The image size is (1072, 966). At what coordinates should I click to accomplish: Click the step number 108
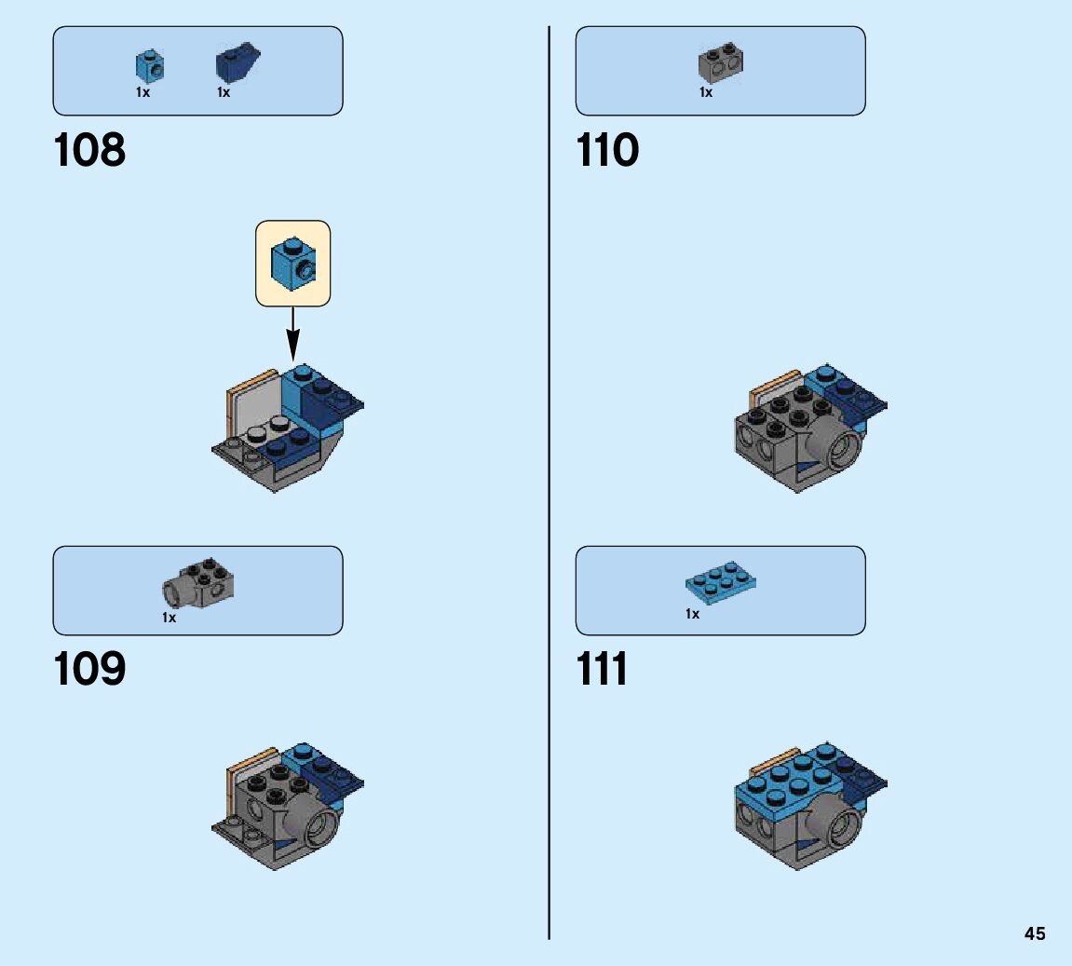click(x=89, y=151)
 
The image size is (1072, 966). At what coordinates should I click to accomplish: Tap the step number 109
click(x=89, y=670)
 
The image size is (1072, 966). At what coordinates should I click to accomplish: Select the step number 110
click(x=608, y=151)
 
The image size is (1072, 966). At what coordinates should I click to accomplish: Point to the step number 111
click(x=603, y=670)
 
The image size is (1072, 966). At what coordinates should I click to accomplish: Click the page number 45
click(x=1035, y=933)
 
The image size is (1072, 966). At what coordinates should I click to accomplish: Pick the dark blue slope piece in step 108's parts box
click(x=237, y=64)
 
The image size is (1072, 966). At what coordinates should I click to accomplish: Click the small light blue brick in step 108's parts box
click(x=149, y=65)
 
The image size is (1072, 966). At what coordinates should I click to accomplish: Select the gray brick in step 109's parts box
click(x=199, y=583)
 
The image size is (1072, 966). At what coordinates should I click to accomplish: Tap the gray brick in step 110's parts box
click(x=720, y=63)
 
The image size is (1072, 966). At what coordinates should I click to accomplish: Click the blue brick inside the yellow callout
click(x=292, y=263)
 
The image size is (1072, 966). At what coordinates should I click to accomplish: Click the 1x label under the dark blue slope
click(x=224, y=92)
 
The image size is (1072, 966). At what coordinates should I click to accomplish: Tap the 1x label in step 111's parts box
click(x=692, y=614)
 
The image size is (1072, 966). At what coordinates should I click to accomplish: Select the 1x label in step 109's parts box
click(x=169, y=618)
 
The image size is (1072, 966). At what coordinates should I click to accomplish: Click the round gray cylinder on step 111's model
click(x=833, y=821)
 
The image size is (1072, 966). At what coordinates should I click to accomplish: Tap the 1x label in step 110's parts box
click(x=706, y=92)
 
